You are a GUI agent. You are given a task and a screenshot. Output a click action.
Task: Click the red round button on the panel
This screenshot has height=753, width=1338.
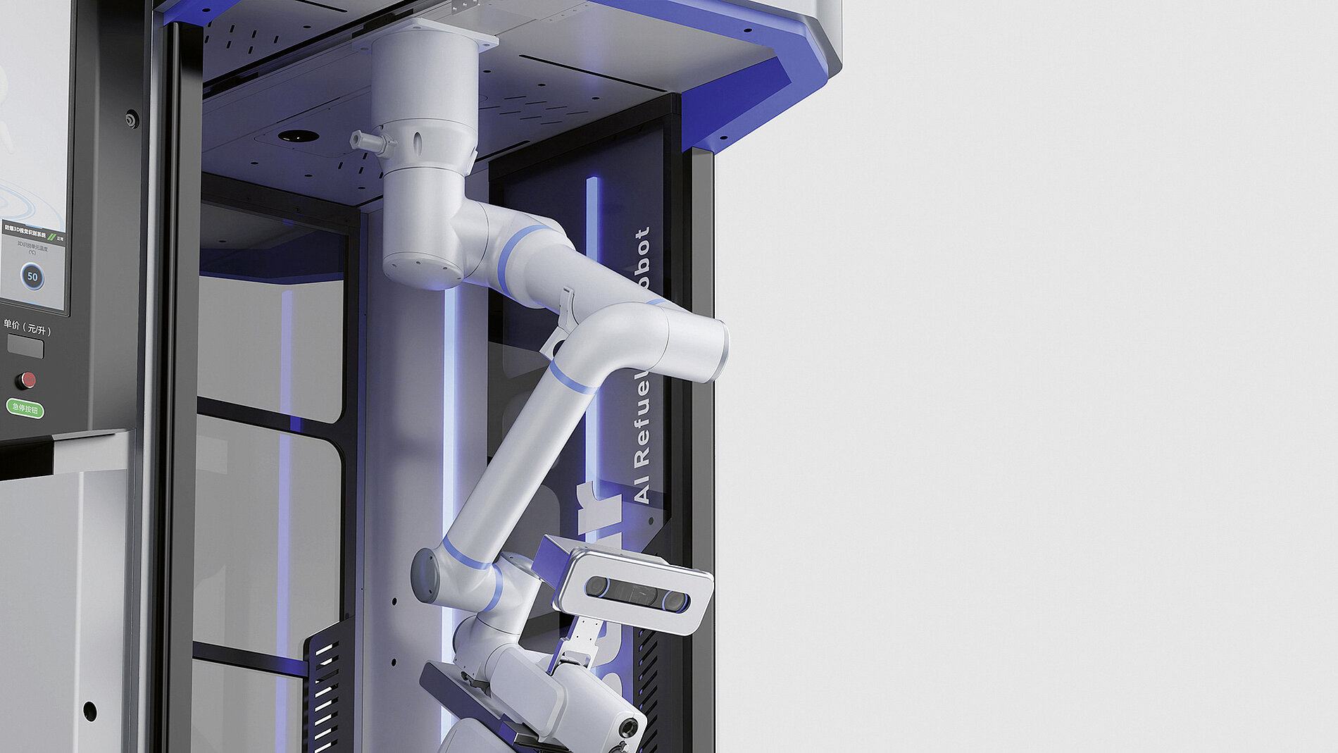[x=26, y=380]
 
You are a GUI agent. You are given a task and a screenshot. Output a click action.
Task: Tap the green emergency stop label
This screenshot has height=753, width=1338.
[x=25, y=409]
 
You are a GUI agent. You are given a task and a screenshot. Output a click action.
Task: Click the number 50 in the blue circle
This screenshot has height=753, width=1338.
[x=32, y=276]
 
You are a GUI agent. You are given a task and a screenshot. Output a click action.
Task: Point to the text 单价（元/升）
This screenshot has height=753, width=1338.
[x=27, y=328]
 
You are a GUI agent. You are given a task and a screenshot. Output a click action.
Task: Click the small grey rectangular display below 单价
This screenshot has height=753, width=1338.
[x=25, y=347]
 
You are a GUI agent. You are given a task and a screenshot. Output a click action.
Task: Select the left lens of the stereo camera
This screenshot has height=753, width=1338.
[x=597, y=586]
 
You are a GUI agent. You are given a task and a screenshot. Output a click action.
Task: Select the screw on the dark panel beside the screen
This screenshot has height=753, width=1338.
[x=132, y=119]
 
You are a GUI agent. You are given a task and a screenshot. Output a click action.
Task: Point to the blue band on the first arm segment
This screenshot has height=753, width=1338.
[x=514, y=257]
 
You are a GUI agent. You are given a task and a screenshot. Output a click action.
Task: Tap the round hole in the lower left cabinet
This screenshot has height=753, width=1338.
[x=89, y=711]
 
